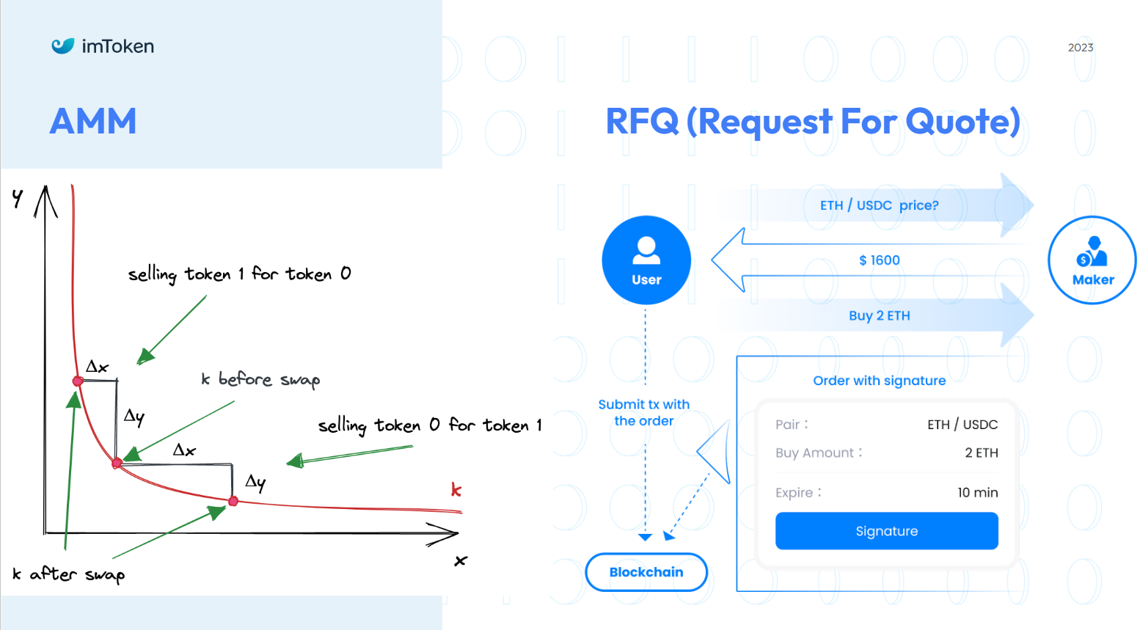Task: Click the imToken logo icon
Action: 63,46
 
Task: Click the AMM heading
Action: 93,122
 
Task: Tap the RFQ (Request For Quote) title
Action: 812,122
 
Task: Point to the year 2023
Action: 1080,48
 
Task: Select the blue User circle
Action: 646,260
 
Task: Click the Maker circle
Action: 1092,260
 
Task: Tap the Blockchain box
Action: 646,572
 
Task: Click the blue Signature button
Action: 886,531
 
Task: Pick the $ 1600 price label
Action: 879,260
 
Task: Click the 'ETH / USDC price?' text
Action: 879,205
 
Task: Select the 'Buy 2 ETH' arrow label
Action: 879,316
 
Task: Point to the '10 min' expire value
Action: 977,493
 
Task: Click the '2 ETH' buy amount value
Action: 981,453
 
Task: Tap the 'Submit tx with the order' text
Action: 644,412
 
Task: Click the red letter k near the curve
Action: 456,490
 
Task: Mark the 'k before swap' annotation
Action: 260,379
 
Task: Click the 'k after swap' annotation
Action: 69,574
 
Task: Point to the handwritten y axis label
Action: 18,197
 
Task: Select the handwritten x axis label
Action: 461,561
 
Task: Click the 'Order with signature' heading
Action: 879,381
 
